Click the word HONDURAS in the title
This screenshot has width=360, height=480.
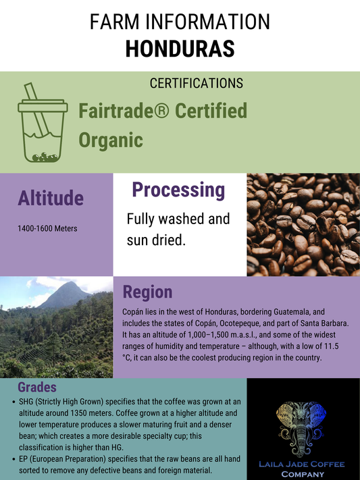tap(180, 48)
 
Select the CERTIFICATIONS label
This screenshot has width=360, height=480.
tap(196, 84)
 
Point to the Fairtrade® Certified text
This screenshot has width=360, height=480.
tap(163, 111)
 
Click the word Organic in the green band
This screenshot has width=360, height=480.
tap(111, 139)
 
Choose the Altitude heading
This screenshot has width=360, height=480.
tap(51, 198)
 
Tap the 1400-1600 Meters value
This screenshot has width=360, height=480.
tap(47, 228)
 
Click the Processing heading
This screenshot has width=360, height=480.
tap(178, 190)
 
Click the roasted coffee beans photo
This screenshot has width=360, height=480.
tap(303, 224)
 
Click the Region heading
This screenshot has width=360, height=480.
tap(147, 292)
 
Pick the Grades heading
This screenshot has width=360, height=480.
tap(37, 388)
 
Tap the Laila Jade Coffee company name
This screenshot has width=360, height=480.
tap(303, 469)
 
